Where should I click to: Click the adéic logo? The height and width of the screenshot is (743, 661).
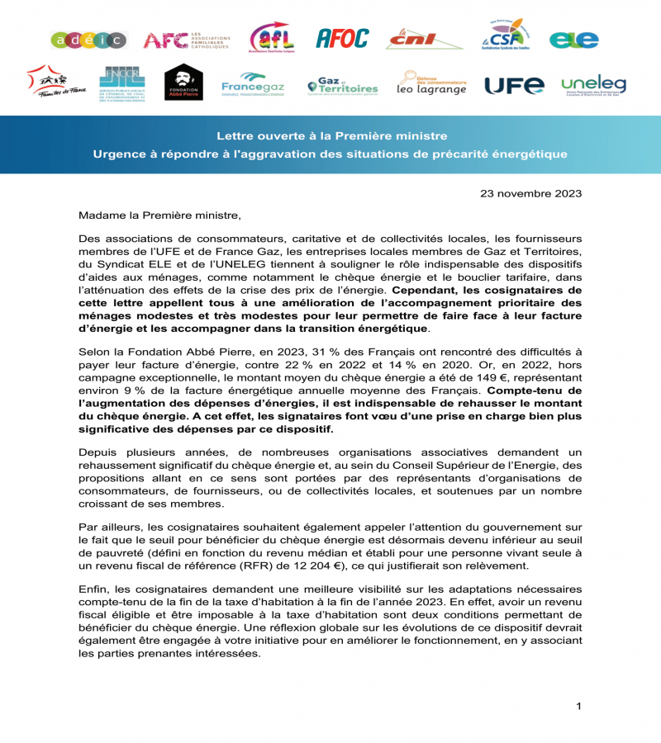88,40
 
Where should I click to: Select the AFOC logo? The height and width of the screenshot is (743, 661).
342,38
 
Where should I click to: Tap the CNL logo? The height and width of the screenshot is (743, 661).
425,38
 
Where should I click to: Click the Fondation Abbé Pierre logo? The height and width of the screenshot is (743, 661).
183,83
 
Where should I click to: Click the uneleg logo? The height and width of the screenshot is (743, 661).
593,85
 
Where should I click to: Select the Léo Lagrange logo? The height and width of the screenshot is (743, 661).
431,83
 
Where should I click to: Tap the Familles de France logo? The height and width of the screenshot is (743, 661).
55,83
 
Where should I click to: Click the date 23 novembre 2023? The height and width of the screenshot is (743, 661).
530,194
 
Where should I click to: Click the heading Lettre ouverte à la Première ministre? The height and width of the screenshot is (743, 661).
331,135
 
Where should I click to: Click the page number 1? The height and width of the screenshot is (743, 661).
579,706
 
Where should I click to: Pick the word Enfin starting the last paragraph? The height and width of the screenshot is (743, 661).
95,588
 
